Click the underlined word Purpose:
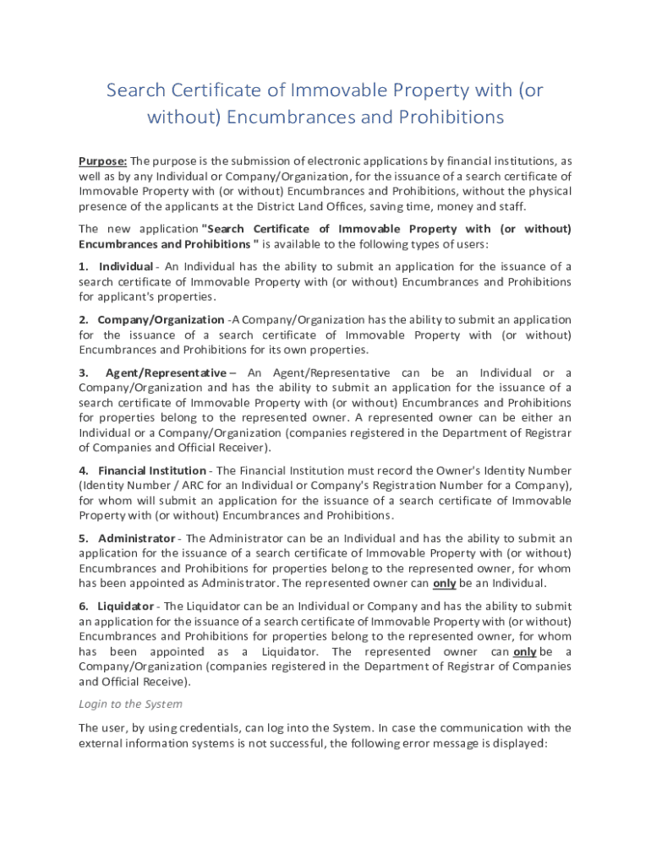point(103,161)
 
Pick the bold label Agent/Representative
point(166,373)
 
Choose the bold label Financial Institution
point(152,471)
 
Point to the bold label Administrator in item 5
point(137,538)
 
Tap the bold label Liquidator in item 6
point(126,606)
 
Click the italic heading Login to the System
point(130,704)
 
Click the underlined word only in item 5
point(445,583)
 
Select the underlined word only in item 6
point(524,651)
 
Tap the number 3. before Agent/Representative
point(84,373)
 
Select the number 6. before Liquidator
point(84,606)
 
